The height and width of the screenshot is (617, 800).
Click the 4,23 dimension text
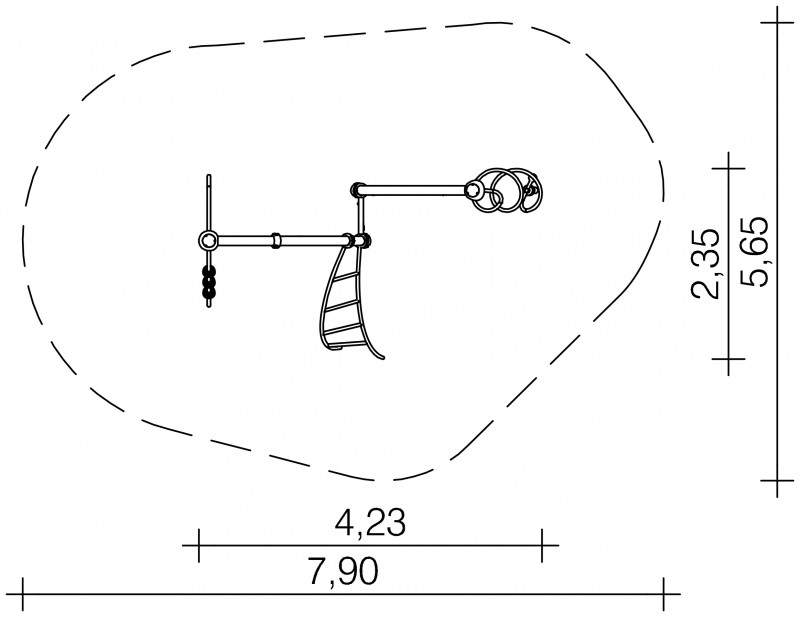370,522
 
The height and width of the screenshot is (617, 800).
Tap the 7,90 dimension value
342,571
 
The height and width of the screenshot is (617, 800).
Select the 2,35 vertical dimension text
706,263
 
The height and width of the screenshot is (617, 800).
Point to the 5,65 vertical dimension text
753,252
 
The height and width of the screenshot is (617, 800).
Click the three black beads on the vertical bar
209,281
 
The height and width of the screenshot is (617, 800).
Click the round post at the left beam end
208,239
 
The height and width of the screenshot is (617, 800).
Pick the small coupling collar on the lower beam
276,240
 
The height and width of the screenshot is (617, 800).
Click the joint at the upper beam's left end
357,190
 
